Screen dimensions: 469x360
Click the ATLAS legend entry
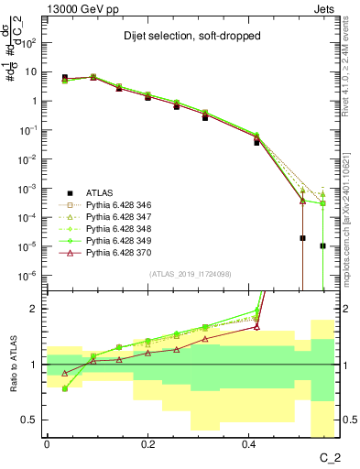tap(100, 193)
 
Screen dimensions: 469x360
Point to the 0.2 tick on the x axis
tap(148, 444)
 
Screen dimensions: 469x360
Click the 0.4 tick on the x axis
tap(249, 444)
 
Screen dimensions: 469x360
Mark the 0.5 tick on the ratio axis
tap(33, 420)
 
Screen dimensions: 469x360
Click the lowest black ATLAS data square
tap(322, 245)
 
